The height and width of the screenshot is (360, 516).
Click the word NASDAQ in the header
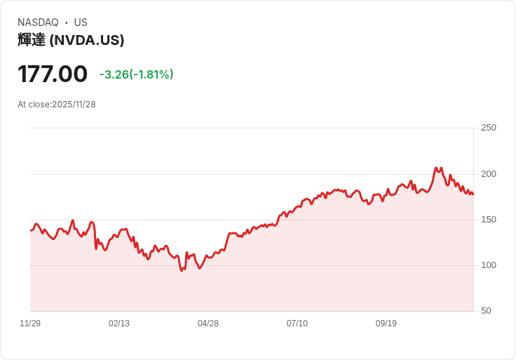click(38, 22)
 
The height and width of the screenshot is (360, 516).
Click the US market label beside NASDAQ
click(81, 22)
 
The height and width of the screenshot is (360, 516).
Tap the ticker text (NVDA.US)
click(87, 40)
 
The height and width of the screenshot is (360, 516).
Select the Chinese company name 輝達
click(32, 40)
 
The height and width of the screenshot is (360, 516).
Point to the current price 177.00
click(53, 74)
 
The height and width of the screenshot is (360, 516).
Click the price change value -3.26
click(114, 74)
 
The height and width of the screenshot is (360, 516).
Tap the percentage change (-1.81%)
click(151, 74)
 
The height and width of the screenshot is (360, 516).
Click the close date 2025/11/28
click(74, 105)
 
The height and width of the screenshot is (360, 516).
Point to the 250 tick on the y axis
click(489, 128)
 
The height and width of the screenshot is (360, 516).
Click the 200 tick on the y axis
click(489, 174)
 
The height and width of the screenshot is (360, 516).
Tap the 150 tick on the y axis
click(489, 220)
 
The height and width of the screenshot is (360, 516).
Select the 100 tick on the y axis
click(489, 265)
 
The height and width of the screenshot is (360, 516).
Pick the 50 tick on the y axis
click(486, 311)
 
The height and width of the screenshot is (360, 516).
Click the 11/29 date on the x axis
click(30, 324)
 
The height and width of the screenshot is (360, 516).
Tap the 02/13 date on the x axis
click(119, 324)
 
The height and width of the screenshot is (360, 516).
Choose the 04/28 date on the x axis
click(208, 324)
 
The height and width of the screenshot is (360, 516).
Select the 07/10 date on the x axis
click(297, 324)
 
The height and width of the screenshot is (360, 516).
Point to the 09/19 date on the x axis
click(386, 324)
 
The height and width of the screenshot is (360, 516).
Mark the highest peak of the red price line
click(436, 168)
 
